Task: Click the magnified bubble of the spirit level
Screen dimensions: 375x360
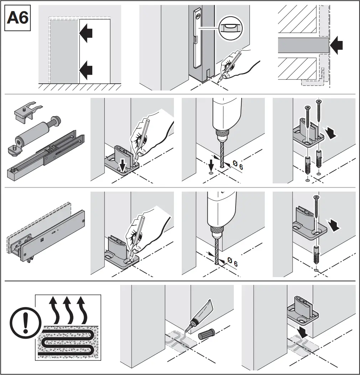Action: (230, 27)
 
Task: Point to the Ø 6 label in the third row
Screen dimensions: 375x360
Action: (232, 263)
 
